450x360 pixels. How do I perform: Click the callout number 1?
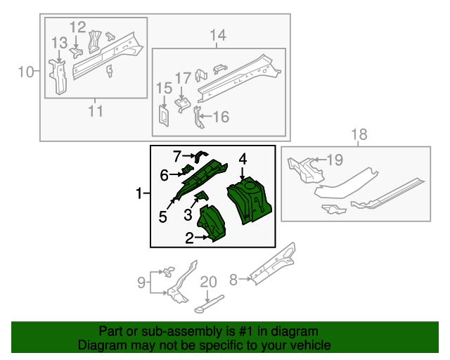139,193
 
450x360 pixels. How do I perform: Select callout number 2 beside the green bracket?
189,238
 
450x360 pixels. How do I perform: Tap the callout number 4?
243,160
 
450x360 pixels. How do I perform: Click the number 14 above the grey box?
217,35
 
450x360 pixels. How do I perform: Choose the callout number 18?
359,134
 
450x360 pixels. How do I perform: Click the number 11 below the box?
96,110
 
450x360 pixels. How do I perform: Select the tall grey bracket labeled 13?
58,76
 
